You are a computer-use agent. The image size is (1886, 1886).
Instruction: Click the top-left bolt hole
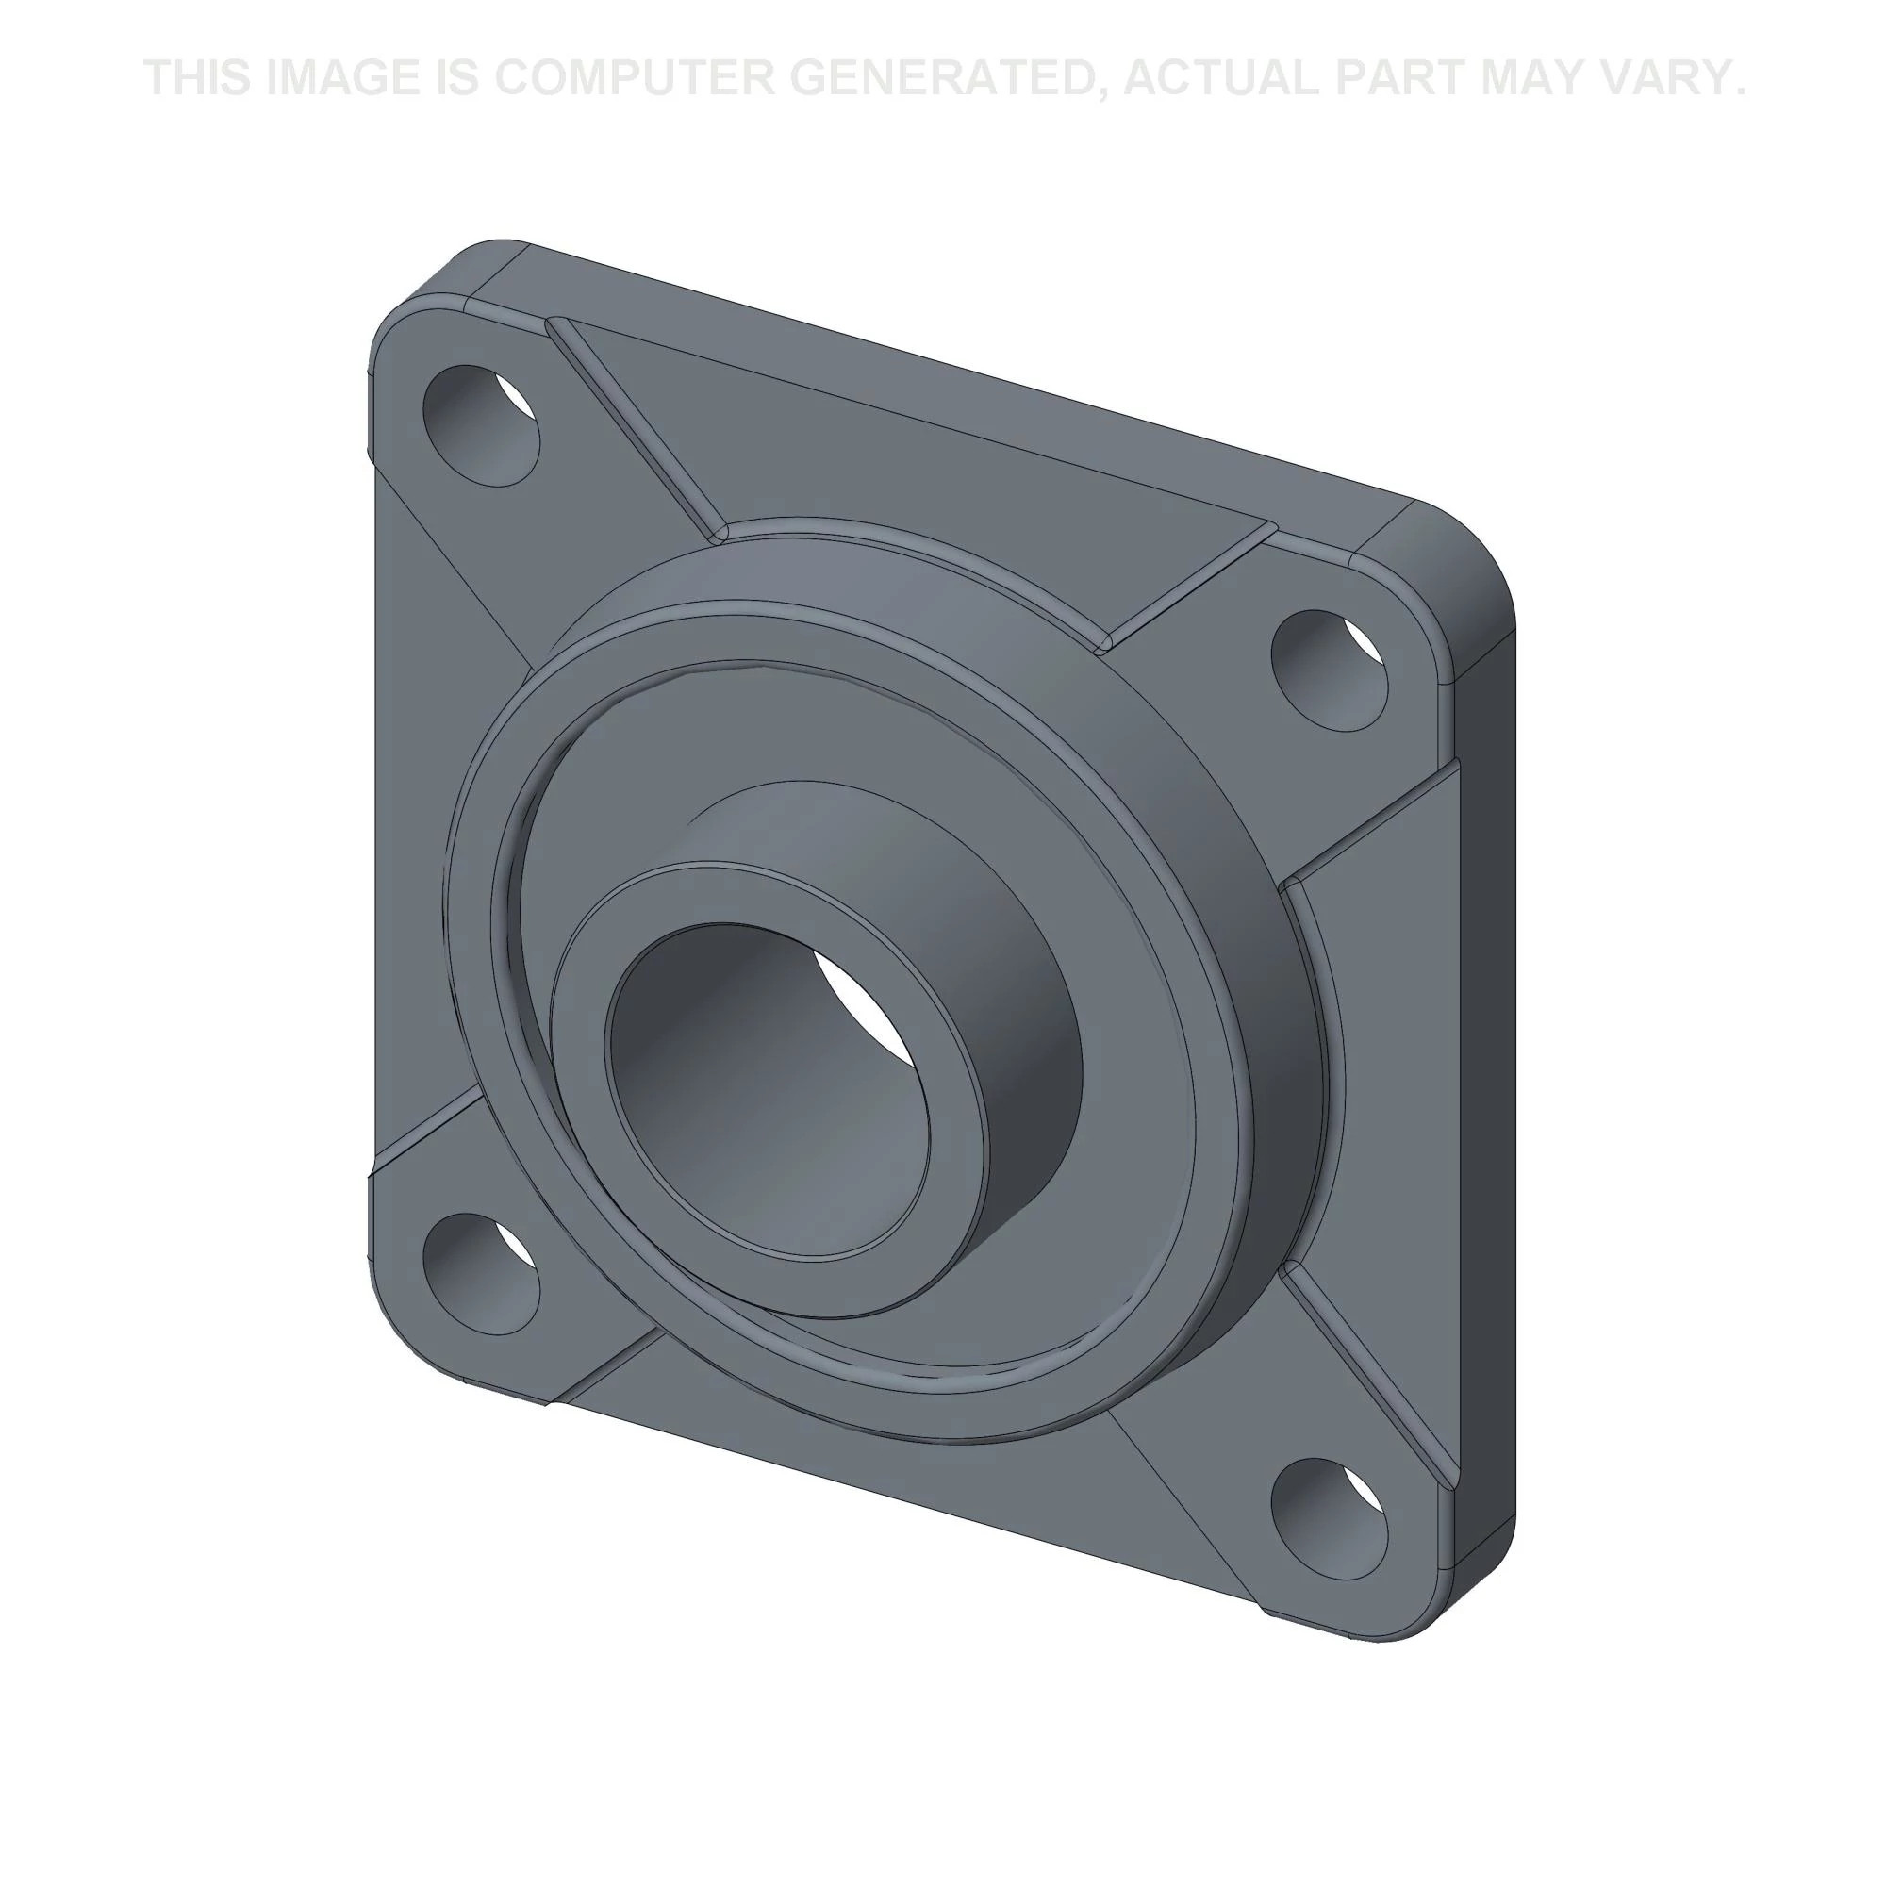click(x=480, y=425)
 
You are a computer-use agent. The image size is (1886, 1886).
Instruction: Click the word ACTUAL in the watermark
click(x=1220, y=78)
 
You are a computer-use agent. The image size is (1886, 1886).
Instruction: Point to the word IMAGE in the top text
click(x=341, y=78)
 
